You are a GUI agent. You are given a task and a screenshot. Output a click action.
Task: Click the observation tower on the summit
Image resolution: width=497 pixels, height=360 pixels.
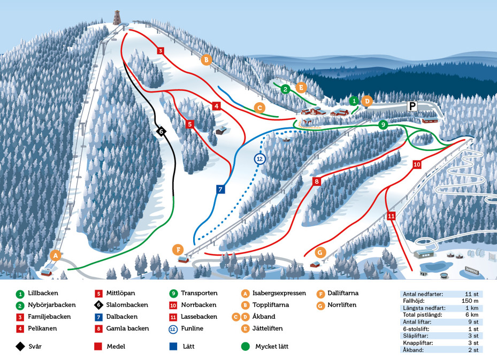(117, 18)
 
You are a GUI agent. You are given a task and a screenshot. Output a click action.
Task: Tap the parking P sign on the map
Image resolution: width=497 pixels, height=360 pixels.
(412, 106)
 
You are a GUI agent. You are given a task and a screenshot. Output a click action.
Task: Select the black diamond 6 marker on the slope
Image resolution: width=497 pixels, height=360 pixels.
(160, 131)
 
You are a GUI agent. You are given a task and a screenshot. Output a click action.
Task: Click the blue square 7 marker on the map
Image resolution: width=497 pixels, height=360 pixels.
(220, 189)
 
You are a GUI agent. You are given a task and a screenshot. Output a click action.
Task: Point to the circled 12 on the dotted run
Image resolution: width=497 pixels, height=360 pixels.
(260, 159)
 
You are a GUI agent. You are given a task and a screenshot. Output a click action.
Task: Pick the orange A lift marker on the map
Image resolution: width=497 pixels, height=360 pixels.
(55, 255)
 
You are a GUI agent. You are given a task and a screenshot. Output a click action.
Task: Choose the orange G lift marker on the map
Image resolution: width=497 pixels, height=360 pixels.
(320, 251)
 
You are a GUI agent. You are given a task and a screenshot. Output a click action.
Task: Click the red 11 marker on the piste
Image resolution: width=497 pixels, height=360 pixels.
(392, 216)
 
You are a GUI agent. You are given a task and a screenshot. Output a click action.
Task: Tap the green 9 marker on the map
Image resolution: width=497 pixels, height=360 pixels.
(383, 125)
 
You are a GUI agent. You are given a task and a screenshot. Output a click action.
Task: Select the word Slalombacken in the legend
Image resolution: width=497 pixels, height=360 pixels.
(127, 305)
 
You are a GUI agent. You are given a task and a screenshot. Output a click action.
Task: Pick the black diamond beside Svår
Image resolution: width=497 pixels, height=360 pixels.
(20, 346)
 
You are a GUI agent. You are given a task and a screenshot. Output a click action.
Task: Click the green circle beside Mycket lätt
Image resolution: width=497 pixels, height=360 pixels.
(246, 346)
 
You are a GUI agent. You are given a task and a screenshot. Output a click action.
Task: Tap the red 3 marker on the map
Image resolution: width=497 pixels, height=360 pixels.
(160, 51)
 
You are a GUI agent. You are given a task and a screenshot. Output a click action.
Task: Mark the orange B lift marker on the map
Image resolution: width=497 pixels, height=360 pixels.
(206, 59)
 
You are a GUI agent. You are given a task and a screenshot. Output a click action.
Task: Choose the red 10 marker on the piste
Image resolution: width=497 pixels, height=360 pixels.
(417, 164)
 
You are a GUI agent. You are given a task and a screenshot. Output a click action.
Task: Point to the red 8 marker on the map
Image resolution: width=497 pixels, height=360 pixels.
(317, 182)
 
